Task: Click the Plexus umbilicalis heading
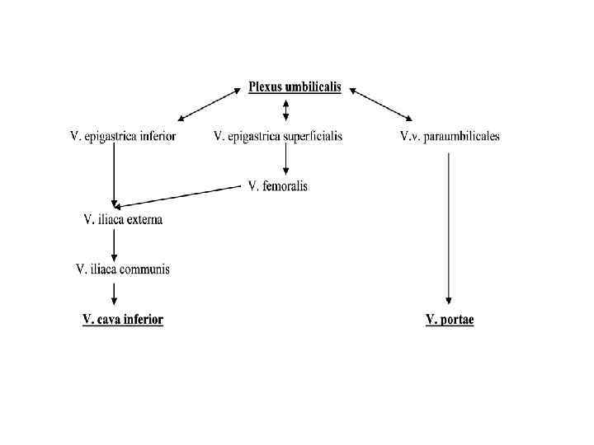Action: coord(295,87)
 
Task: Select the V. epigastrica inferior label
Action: coord(122,136)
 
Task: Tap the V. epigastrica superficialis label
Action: coord(277,136)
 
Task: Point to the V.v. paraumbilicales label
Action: coord(450,136)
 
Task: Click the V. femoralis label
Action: coord(278,186)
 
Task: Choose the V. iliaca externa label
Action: coord(124,219)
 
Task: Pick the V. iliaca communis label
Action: coord(123,269)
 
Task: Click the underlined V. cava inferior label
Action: coord(123,320)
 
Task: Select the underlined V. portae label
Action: coord(450,320)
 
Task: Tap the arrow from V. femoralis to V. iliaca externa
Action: coord(177,196)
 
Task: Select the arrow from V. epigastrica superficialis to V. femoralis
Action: coord(285,162)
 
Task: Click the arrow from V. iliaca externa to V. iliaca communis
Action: coord(114,244)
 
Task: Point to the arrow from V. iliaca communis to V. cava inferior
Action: coord(114,293)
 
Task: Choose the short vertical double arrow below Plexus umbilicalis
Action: coord(285,110)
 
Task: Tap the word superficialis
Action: coord(314,136)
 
